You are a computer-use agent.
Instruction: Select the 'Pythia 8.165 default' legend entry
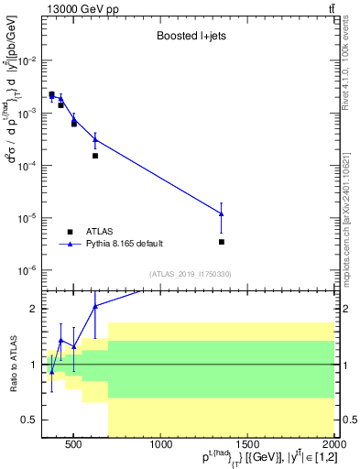[x=125, y=244]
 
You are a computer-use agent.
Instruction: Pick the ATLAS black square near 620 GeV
[x=95, y=156]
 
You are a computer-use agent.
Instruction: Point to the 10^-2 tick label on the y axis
[x=27, y=60]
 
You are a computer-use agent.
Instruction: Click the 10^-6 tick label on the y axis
[x=27, y=271]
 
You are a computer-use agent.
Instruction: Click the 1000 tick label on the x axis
[x=160, y=446]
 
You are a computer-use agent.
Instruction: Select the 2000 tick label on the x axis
[x=333, y=446]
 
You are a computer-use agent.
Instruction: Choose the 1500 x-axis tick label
[x=247, y=446]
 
